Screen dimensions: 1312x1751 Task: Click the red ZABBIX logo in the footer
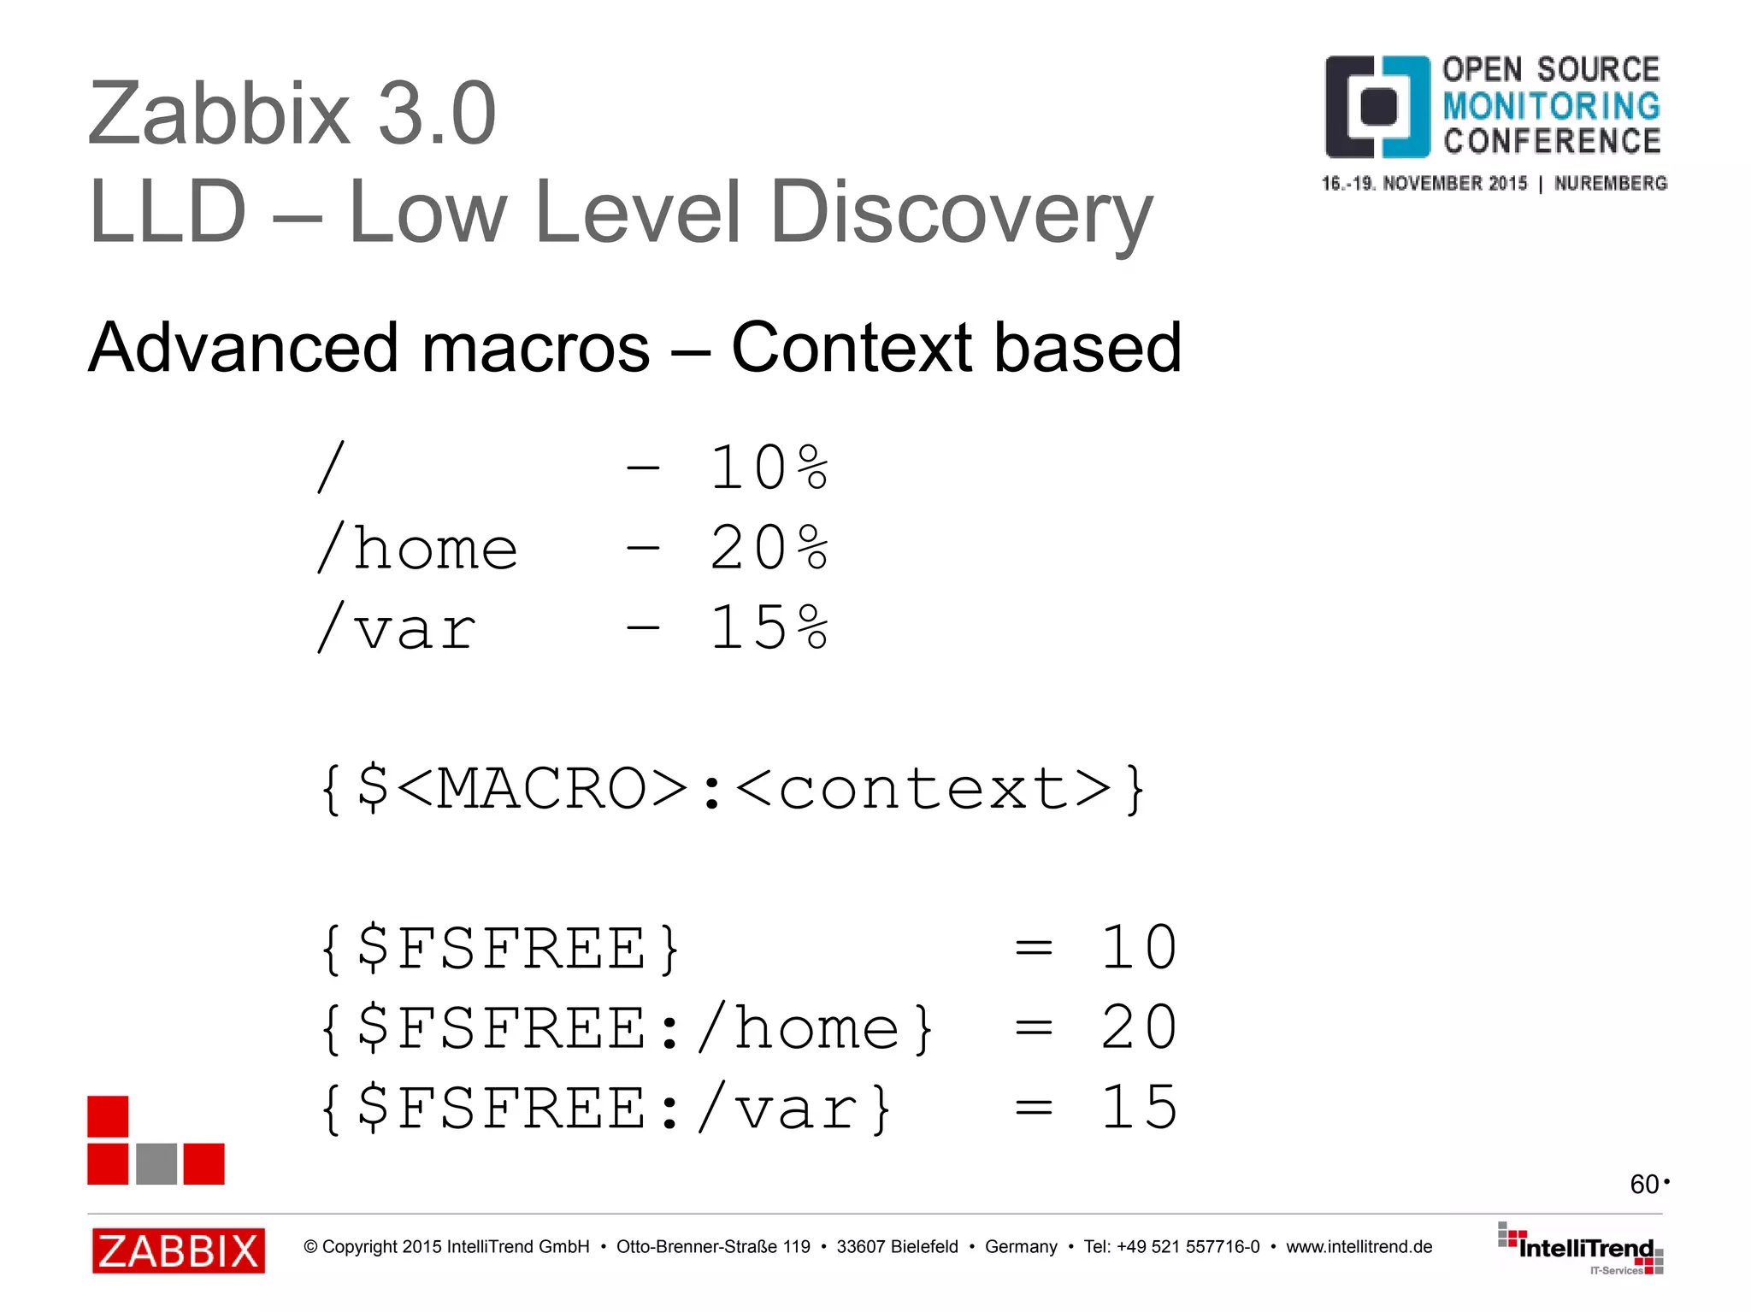pos(179,1250)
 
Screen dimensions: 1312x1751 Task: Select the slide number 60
pos(1644,1185)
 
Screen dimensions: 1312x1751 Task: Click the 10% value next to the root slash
pos(769,468)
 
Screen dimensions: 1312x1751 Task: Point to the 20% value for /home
pos(769,548)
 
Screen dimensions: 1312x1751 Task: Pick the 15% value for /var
pos(769,628)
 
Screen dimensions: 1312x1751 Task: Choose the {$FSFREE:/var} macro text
pos(606,1109)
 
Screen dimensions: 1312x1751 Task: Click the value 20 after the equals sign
pos(1139,1028)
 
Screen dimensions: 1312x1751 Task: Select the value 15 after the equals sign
pos(1139,1109)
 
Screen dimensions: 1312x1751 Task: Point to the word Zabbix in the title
pos(219,114)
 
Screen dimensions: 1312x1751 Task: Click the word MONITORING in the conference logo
pos(1551,106)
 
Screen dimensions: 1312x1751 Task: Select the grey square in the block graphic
pos(156,1163)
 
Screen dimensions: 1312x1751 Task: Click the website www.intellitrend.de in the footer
pos(1359,1247)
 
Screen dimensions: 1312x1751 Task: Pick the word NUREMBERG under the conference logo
pos(1610,184)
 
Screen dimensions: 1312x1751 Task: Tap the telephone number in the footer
pos(1188,1247)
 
